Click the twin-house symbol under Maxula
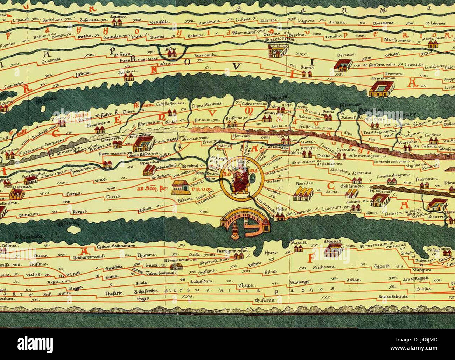(x=298, y=249)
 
